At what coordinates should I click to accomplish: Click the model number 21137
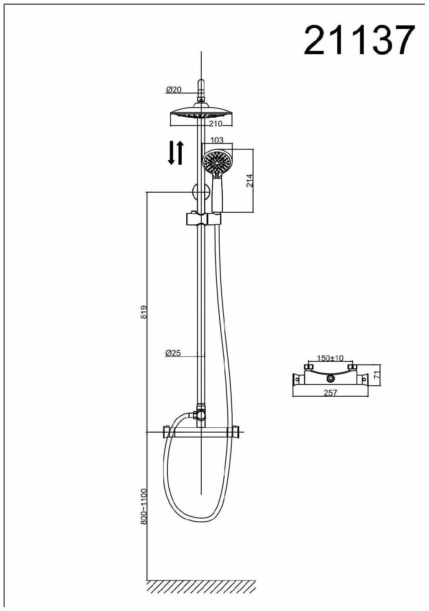[359, 40]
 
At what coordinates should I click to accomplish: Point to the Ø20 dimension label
[174, 90]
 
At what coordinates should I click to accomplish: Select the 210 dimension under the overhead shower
[216, 123]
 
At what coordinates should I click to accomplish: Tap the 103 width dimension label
[217, 140]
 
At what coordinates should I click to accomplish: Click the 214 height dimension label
[250, 180]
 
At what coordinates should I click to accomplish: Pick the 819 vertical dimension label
[144, 312]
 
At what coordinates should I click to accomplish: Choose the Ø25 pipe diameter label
[173, 353]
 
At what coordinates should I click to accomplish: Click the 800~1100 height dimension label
[144, 506]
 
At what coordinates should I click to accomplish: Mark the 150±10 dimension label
[330, 358]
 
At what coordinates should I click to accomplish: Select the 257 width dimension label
[330, 393]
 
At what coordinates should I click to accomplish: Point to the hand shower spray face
[217, 162]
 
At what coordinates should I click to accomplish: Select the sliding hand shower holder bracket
[202, 219]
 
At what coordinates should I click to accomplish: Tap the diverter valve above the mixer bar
[200, 414]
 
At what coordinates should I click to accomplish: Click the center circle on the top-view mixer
[330, 379]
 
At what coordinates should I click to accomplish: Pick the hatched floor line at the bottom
[201, 586]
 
